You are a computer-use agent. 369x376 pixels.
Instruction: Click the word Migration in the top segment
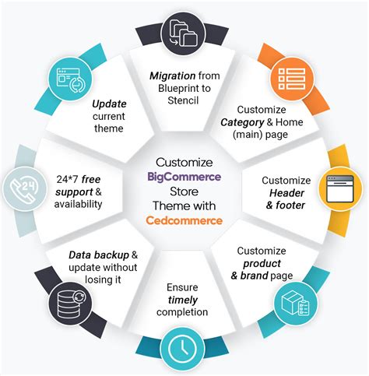click(170, 76)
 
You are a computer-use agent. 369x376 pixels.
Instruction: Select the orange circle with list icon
click(293, 77)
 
